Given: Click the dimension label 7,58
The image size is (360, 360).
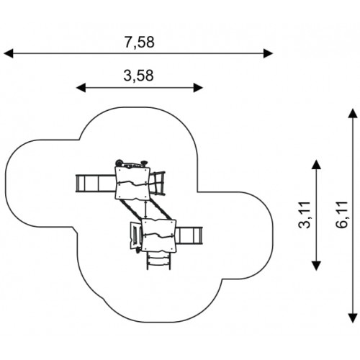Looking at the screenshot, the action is tap(139, 42).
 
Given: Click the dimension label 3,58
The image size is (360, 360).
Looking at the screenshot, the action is tap(138, 76).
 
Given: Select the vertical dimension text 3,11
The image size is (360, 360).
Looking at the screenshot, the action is tap(305, 215).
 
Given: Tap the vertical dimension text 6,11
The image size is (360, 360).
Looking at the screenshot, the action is tap(342, 215).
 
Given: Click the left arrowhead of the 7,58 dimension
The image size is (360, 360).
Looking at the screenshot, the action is tap(9, 53).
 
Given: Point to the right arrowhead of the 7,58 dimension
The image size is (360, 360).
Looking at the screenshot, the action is tap(269, 53).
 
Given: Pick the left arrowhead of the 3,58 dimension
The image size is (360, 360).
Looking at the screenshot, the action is tap(81, 88).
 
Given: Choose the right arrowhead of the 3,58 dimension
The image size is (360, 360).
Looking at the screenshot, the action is tap(199, 88).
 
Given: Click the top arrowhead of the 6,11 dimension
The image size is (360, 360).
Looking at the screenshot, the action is tap(353, 113).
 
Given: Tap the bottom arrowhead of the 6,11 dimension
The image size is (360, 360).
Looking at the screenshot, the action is tap(353, 318).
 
